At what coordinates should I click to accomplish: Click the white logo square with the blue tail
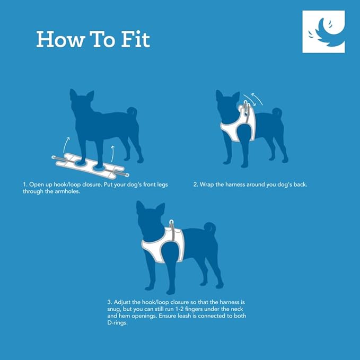[323, 32]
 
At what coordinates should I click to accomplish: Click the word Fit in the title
[135, 39]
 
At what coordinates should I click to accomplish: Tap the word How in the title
[60, 39]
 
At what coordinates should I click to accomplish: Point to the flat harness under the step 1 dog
[90, 166]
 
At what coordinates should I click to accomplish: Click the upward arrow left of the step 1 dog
[66, 145]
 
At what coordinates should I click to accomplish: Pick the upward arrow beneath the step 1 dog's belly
[112, 154]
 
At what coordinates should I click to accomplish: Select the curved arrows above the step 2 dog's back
[253, 99]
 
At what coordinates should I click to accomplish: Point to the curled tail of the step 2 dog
[277, 112]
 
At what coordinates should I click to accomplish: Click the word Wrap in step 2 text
[207, 185]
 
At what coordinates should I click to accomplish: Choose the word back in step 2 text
[300, 185]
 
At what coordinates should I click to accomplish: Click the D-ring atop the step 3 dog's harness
[171, 222]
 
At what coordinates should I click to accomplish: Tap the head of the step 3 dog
[151, 219]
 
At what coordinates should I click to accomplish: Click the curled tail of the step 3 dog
[210, 228]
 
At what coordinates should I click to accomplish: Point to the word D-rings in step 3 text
[117, 323]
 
